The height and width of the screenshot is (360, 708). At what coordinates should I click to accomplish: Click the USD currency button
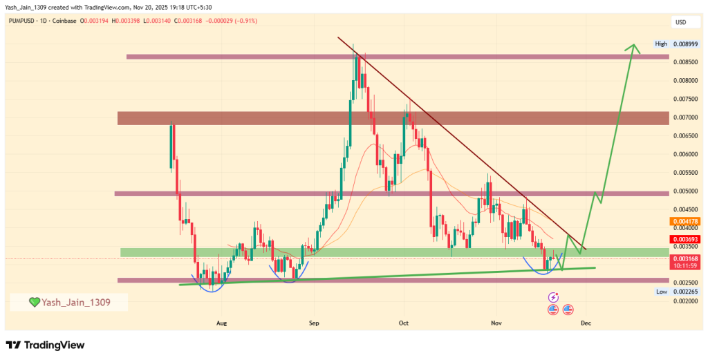click(680, 22)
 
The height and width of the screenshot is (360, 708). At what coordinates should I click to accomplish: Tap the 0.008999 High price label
click(686, 44)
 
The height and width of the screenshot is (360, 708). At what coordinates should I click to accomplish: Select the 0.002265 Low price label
click(686, 292)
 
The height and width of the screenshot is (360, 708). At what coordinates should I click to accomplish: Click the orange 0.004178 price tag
click(686, 221)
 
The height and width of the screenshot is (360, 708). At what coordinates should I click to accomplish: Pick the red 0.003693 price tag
click(686, 239)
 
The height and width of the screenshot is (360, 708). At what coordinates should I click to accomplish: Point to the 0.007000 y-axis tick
click(686, 117)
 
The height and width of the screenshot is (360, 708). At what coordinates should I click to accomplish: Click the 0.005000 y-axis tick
click(686, 191)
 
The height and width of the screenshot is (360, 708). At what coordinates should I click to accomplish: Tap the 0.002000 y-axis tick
click(686, 301)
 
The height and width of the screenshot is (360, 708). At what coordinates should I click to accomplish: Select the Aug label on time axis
click(221, 323)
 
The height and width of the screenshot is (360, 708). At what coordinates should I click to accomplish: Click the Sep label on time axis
click(314, 323)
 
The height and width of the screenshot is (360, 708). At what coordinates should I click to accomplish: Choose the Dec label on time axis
click(586, 323)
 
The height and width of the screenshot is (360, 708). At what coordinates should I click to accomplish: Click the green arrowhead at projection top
click(631, 48)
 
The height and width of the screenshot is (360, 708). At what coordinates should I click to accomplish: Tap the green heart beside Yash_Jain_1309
click(34, 302)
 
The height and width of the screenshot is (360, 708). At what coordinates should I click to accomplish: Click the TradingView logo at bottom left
click(45, 345)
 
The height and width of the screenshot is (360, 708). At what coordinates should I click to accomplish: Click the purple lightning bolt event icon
click(552, 297)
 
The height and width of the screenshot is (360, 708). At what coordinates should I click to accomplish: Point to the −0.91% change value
click(243, 21)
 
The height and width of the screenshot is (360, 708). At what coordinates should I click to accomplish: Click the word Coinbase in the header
click(65, 21)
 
